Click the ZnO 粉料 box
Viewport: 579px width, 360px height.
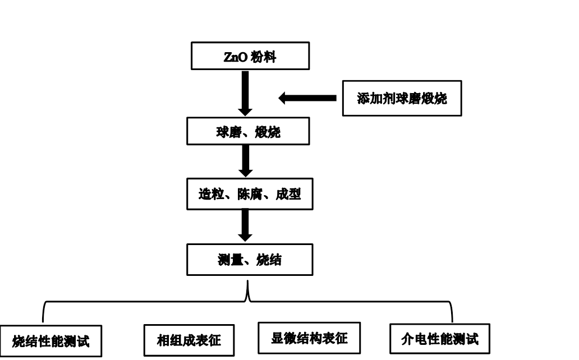[x=250, y=57]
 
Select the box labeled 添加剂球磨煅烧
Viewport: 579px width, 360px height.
[x=402, y=98]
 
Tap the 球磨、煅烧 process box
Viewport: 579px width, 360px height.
[x=248, y=132]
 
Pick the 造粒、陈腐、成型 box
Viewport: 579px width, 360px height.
[x=250, y=194]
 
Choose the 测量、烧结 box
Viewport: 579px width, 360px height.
[x=250, y=260]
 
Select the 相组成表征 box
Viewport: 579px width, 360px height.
[x=189, y=340]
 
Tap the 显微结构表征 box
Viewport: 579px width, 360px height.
[x=309, y=338]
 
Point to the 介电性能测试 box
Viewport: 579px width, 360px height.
[x=440, y=339]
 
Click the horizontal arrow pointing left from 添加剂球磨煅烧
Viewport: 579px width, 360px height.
[x=307, y=98]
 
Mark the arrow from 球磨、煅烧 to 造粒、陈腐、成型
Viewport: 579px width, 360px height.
[x=245, y=161]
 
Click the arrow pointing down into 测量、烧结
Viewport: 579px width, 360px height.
[x=245, y=225]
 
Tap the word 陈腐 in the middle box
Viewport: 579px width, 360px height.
[x=250, y=194]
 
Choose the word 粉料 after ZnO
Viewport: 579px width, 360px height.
[x=264, y=58]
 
